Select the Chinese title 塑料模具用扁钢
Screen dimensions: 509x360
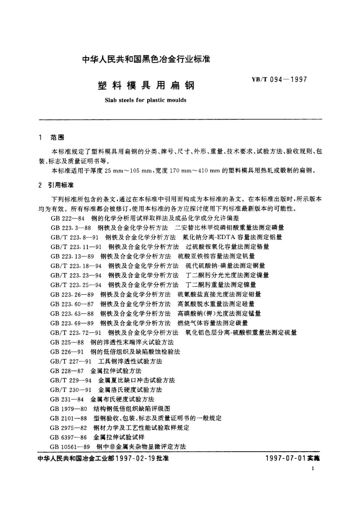(146, 86)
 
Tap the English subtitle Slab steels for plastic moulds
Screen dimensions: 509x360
(145, 100)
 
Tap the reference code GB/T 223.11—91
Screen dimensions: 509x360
(76, 247)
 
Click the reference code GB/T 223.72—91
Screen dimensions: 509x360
(76, 333)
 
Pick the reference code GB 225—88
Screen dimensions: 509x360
(67, 342)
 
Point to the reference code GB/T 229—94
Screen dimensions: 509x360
(71, 380)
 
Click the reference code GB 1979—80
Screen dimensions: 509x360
(69, 409)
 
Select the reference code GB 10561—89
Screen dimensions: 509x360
(70, 447)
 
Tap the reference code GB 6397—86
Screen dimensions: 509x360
(69, 437)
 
